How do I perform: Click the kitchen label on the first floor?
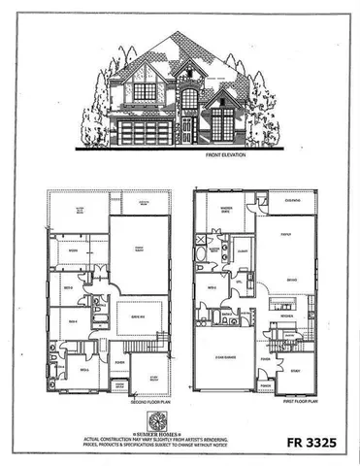point(287,316)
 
